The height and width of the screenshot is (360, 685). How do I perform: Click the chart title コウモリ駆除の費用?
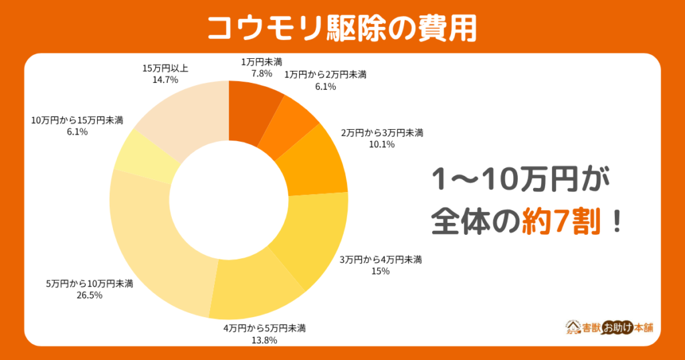pyautogui.click(x=342, y=27)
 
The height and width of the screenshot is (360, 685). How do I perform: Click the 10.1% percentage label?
pyautogui.click(x=382, y=144)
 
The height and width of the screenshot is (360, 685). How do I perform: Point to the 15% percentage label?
pyautogui.click(x=380, y=270)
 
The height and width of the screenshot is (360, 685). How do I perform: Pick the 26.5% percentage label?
pyautogui.click(x=90, y=295)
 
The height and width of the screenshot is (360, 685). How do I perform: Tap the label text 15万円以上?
pyautogui.click(x=165, y=68)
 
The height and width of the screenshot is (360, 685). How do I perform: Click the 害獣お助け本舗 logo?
pyautogui.click(x=609, y=327)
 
